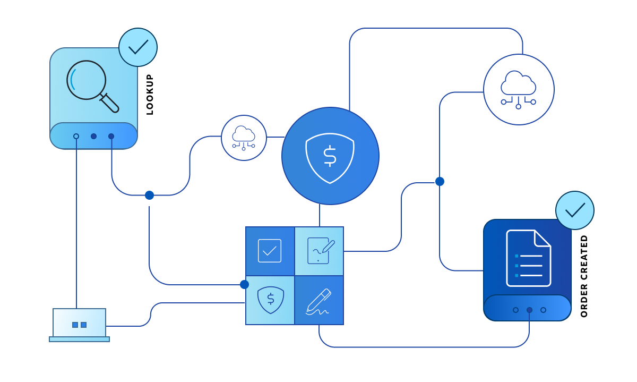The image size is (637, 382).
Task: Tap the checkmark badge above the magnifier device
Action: click(x=138, y=47)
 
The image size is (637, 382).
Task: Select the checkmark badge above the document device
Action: click(x=575, y=210)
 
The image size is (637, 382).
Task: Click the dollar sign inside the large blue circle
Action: click(x=330, y=156)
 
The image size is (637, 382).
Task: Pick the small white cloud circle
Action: click(x=244, y=138)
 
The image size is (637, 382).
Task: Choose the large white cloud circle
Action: click(x=519, y=89)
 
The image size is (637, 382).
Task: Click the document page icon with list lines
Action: click(x=528, y=258)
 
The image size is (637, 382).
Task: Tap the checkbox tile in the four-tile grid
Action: click(x=270, y=251)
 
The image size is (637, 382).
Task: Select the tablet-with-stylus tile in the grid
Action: click(x=320, y=251)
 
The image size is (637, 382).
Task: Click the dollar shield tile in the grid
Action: click(x=270, y=300)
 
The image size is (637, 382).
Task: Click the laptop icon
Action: click(x=79, y=325)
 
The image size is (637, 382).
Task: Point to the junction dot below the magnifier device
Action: click(x=149, y=195)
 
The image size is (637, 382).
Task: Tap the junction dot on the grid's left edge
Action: click(x=244, y=284)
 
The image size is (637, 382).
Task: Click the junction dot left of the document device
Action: click(x=440, y=181)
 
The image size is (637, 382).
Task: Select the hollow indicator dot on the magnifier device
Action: click(x=76, y=136)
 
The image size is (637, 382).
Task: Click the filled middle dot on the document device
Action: click(x=529, y=310)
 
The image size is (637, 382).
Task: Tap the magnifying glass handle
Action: click(x=110, y=103)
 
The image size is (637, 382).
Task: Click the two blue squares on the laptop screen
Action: click(x=79, y=325)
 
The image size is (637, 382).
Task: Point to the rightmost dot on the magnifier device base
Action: click(x=111, y=136)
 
